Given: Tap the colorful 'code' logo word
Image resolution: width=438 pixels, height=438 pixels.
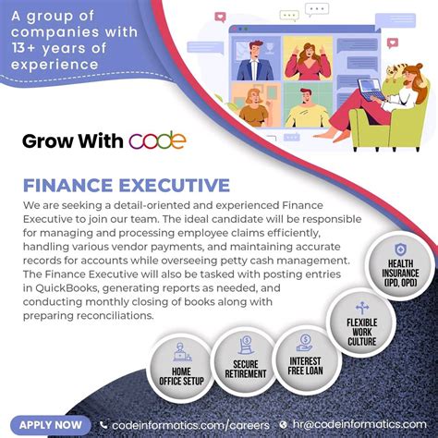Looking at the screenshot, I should click(158, 141).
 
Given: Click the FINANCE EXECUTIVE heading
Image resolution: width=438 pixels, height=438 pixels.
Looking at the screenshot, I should click(127, 186).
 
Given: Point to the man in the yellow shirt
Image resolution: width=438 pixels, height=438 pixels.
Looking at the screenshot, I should click(305, 106).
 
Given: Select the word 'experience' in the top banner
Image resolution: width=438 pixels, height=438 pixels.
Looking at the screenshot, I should click(63, 65).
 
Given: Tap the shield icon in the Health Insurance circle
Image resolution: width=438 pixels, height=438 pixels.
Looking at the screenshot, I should click(400, 250).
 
